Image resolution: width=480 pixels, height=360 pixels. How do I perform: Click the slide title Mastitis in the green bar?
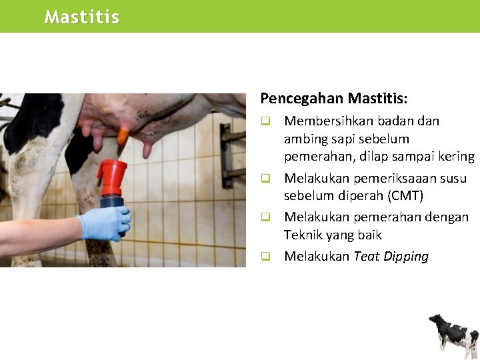81,17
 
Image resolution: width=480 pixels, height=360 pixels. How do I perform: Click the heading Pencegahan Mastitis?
333,99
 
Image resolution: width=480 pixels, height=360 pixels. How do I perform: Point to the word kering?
455,157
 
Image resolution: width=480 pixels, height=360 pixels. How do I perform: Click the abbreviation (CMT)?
403,196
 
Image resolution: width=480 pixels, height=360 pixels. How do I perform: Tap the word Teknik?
303,235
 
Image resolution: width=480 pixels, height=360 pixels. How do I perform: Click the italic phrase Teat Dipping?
391,257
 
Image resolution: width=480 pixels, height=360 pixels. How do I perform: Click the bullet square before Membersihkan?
265,121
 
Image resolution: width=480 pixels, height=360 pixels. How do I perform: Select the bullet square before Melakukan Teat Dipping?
265,256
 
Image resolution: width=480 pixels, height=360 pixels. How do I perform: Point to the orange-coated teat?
123,137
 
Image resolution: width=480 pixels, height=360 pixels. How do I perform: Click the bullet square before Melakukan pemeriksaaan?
265,179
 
